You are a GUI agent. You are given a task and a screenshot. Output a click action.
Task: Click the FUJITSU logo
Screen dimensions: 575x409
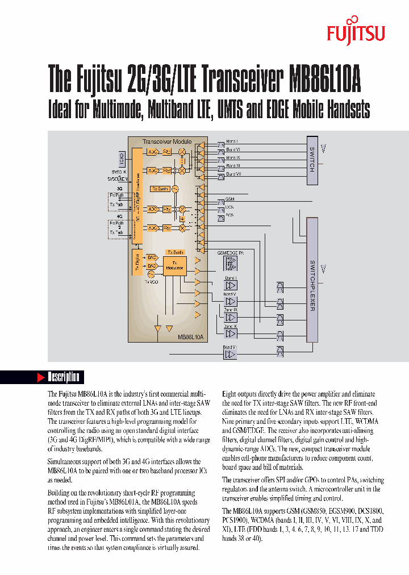[356, 34]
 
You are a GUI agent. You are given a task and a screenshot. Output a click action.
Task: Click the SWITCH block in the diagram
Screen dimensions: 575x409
[312, 160]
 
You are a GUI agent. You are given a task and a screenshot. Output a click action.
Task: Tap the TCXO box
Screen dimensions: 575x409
[121, 156]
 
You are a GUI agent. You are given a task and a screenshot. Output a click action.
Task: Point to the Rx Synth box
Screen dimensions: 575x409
[160, 188]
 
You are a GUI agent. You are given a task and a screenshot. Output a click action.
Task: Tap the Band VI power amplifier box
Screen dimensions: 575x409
[229, 354]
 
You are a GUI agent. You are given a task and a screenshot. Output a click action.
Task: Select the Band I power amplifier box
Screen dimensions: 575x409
[231, 285]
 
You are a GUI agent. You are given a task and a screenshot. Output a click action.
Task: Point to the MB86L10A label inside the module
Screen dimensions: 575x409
[190, 336]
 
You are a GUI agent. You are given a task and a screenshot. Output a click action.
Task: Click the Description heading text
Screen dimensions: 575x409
[63, 377]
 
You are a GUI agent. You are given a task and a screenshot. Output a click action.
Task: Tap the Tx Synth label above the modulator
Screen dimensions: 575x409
[174, 251]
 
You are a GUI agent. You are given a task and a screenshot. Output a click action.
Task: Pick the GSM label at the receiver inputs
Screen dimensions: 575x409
[229, 199]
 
